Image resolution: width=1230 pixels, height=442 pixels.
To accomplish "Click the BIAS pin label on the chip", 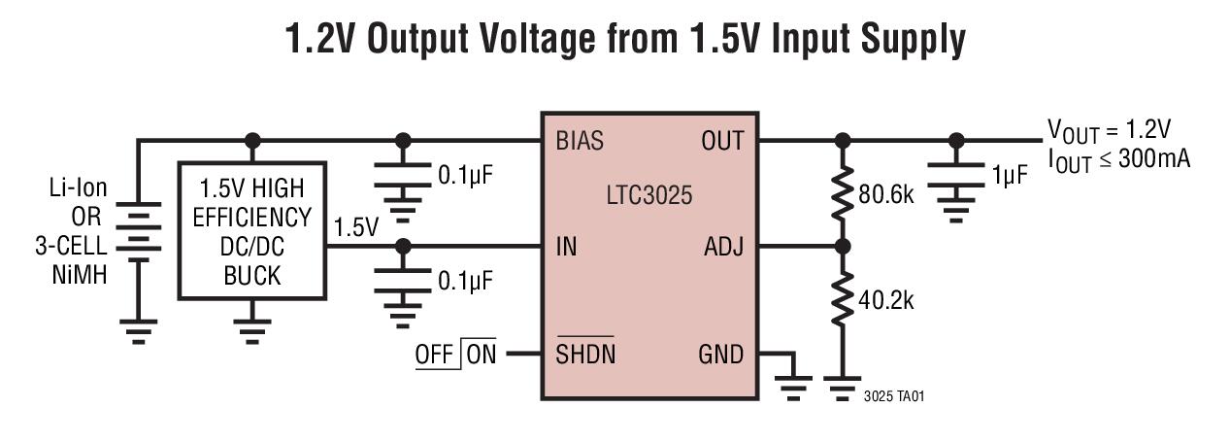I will [x=580, y=141].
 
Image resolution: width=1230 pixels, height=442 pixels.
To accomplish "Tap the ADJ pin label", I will [x=723, y=247].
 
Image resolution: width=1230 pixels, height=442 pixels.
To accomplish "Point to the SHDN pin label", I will [x=585, y=355].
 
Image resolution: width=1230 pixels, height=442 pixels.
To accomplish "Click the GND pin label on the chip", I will [x=720, y=355].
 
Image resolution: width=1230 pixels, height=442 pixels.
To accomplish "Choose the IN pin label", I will [x=566, y=247].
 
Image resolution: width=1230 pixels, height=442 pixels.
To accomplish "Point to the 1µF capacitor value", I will [x=1010, y=176].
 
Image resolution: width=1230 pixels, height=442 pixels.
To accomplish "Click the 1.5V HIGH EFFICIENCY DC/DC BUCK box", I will [x=251, y=230].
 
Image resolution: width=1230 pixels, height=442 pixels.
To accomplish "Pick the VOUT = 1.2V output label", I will [x=1109, y=130].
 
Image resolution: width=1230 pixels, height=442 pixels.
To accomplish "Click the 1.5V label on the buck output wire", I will [x=355, y=228].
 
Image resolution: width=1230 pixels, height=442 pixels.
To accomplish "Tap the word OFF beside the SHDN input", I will [x=434, y=355].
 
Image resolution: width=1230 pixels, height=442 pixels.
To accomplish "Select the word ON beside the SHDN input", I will [x=481, y=355].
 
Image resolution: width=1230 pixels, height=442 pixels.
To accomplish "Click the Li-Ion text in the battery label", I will [x=80, y=188].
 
